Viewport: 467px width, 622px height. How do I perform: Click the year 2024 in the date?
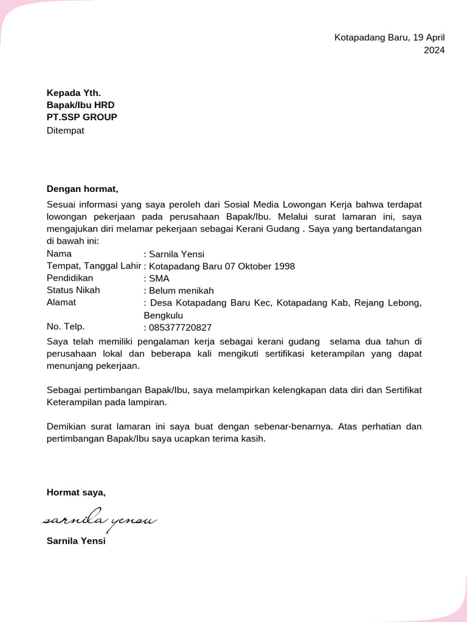[x=434, y=50]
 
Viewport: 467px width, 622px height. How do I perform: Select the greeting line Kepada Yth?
[x=74, y=93]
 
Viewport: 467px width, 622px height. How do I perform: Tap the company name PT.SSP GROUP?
[x=82, y=117]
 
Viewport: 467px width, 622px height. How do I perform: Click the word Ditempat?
[x=66, y=130]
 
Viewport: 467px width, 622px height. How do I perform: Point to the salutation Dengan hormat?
[x=82, y=189]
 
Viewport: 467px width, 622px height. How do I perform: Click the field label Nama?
[x=59, y=254]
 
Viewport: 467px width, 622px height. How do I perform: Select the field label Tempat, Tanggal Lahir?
[x=94, y=266]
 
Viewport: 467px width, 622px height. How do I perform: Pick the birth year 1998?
[x=284, y=267]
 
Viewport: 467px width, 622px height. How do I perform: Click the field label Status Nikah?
[x=74, y=290]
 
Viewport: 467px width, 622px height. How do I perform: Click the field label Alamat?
[x=61, y=302]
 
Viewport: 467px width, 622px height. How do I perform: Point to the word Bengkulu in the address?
[x=163, y=316]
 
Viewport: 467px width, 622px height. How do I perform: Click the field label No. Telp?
[x=66, y=327]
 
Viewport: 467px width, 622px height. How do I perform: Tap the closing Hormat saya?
[x=76, y=493]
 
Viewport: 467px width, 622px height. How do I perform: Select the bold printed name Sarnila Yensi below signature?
[x=76, y=541]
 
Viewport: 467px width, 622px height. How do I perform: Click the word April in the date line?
[x=434, y=38]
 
